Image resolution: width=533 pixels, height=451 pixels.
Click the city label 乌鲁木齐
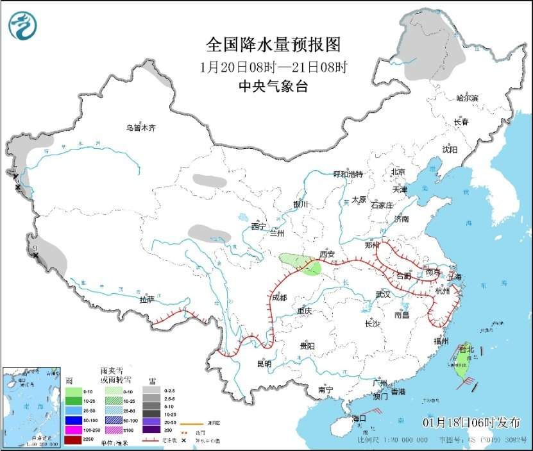140,128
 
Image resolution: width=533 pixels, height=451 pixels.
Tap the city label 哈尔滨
466,98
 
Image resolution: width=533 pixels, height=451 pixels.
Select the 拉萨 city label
147,300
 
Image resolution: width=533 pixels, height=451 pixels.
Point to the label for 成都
279,298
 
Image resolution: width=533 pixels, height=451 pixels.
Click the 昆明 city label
264,364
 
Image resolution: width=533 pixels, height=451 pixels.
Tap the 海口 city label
359,418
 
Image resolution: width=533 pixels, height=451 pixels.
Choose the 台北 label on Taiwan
466,350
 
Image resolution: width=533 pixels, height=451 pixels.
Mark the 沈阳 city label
450,149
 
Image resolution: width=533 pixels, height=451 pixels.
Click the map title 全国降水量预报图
273,45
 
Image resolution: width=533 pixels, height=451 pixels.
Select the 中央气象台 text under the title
273,87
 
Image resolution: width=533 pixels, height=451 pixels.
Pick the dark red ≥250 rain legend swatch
74,439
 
